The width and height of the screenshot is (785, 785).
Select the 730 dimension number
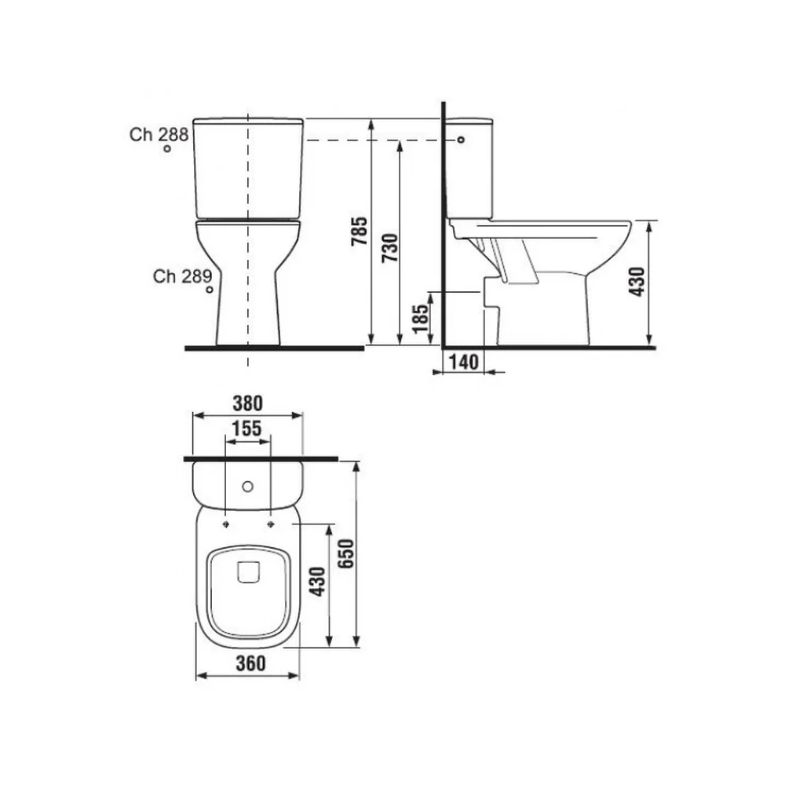[390, 248]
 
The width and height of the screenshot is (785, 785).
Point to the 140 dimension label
[464, 361]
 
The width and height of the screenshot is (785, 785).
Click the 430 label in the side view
[637, 281]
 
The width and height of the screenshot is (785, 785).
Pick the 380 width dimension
[248, 403]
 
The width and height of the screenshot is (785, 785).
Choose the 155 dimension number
[246, 429]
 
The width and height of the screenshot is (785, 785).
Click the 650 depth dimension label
[345, 553]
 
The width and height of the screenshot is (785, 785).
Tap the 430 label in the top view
[317, 581]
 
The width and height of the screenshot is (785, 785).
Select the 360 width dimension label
[250, 663]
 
